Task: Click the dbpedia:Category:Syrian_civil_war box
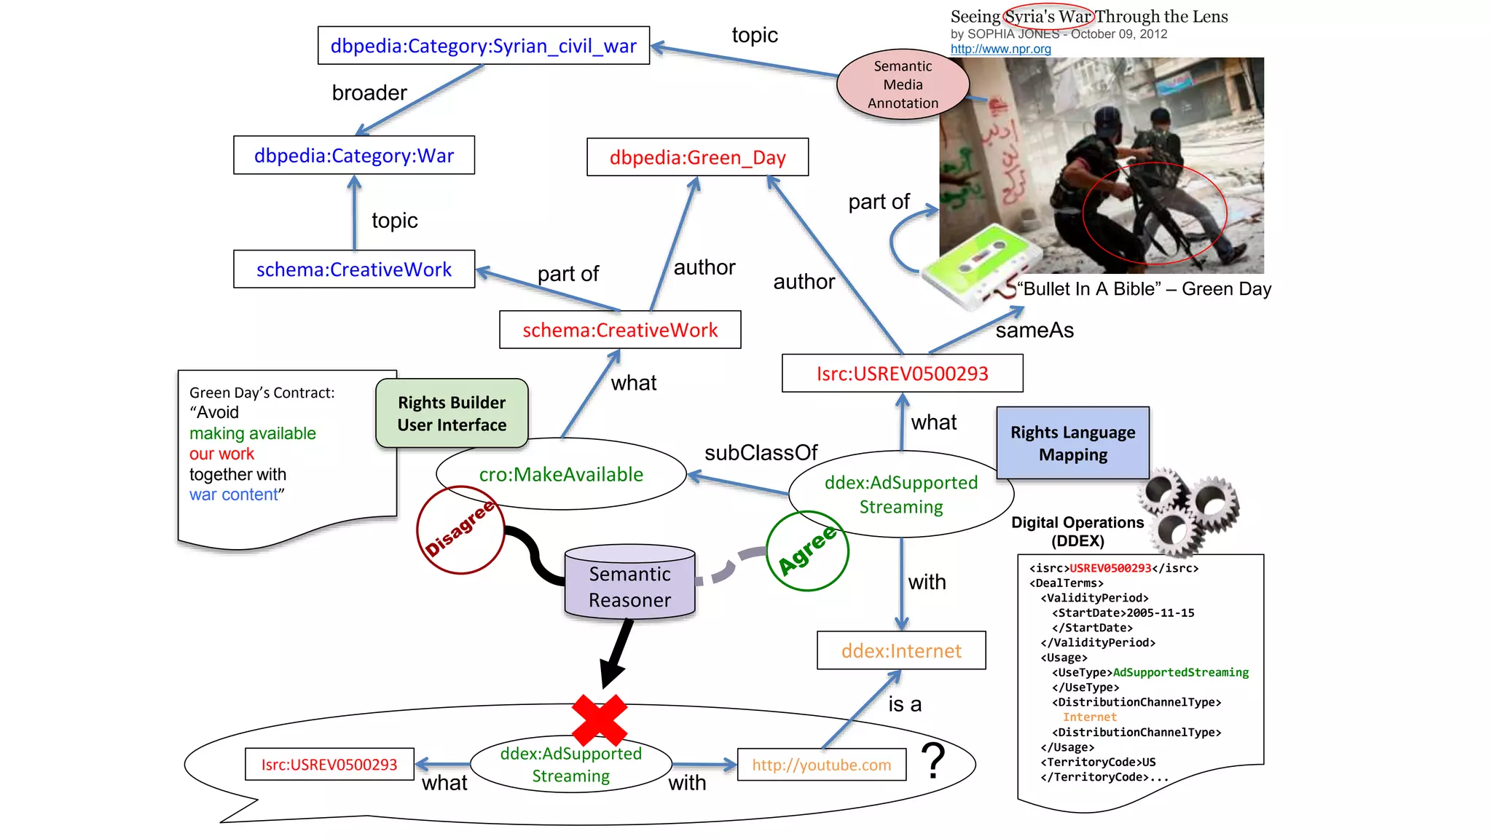(483, 46)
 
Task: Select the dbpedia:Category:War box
(354, 155)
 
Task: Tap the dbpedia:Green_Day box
(697, 157)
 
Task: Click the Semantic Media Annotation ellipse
(903, 84)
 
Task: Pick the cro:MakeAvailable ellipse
(561, 474)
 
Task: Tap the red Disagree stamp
(460, 529)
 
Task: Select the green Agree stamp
(807, 551)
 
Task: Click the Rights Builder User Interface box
(452, 413)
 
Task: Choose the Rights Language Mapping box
(1072, 443)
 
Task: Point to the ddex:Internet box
(901, 650)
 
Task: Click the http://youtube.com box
(821, 765)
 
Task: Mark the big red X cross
(600, 720)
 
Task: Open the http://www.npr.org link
(1000, 49)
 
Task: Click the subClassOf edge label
(761, 452)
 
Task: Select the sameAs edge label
(1034, 331)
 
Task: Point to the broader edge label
(369, 93)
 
